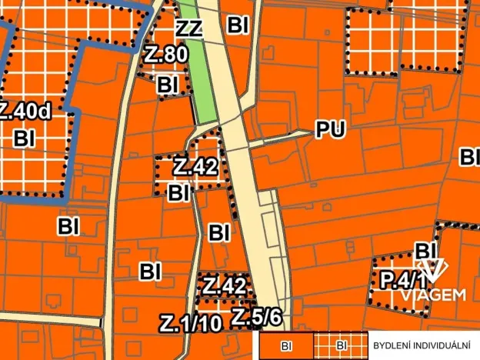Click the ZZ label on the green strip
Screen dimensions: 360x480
(x=189, y=30)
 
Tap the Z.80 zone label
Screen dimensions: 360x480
(x=165, y=55)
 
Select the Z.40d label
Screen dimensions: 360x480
(x=25, y=112)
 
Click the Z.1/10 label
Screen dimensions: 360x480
(x=191, y=324)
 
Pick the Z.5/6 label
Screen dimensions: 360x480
(x=257, y=316)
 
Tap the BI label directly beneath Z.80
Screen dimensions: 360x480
(x=169, y=85)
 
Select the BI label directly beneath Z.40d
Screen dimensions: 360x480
(x=25, y=138)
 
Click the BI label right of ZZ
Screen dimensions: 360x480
(x=238, y=25)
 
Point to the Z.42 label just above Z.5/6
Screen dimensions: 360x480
(x=225, y=286)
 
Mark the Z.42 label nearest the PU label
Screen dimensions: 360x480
(x=195, y=167)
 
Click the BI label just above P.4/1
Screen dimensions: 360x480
(x=426, y=251)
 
